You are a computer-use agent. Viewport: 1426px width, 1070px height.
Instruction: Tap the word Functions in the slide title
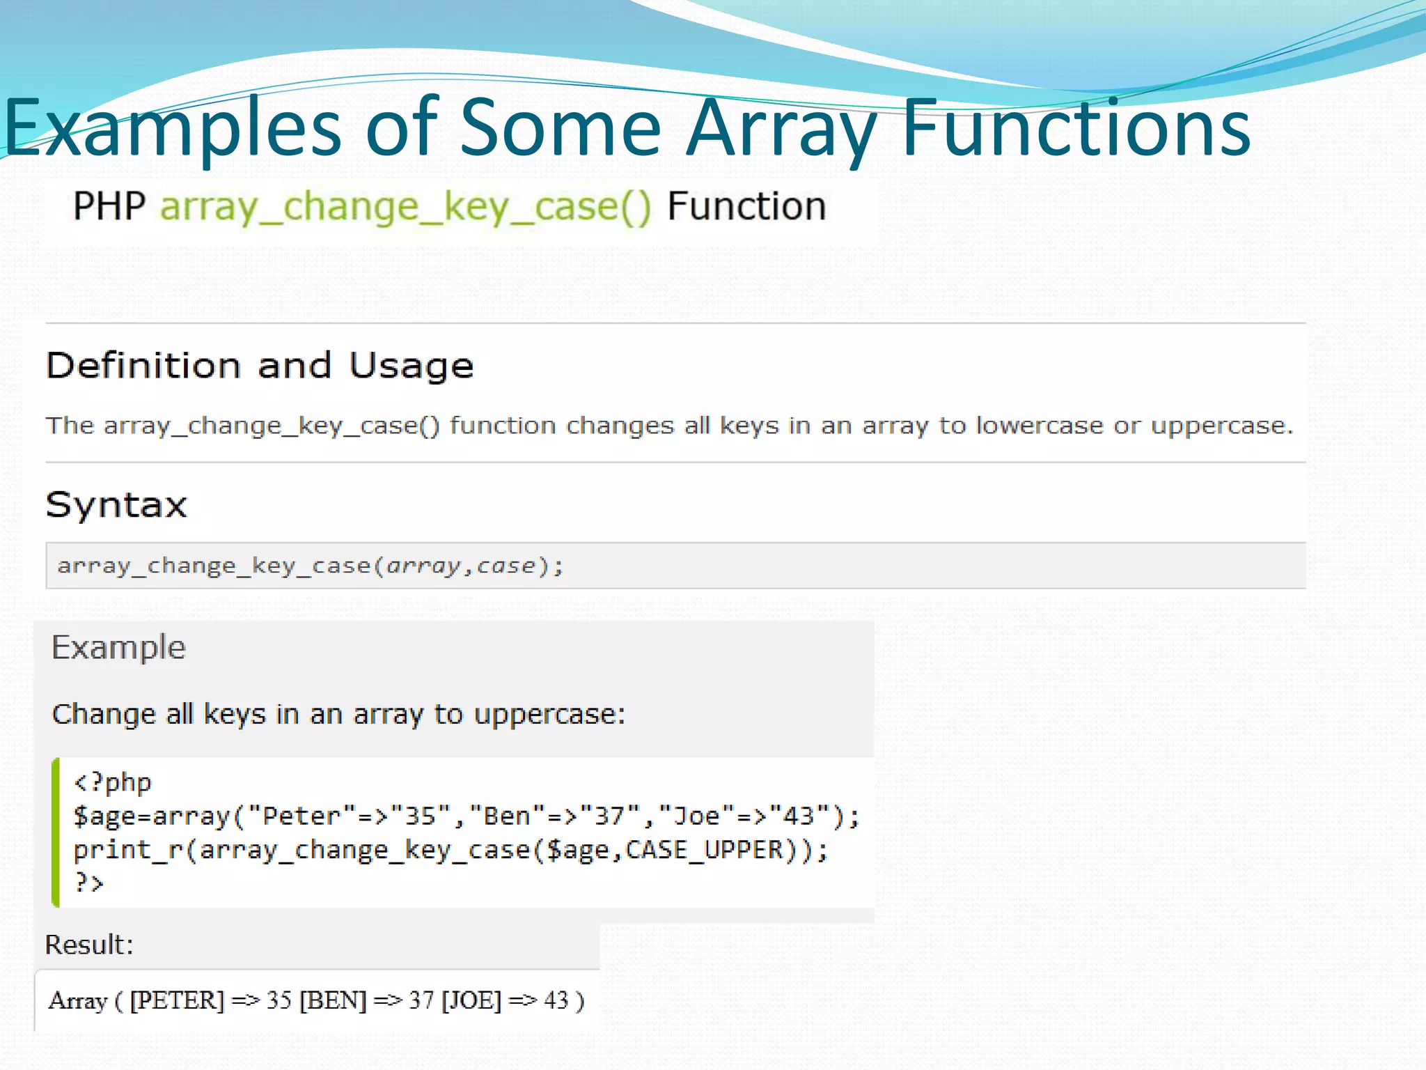coord(1076,129)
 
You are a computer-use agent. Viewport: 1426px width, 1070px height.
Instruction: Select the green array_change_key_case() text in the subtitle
coord(406,207)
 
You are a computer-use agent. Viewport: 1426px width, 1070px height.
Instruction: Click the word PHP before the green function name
coord(109,207)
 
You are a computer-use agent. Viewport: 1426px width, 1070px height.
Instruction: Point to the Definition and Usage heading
coord(260,366)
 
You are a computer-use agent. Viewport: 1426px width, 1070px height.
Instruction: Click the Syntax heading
coord(116,505)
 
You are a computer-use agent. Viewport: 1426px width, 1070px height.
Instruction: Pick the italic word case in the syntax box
coord(506,566)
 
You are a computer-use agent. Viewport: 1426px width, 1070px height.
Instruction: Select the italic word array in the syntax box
coord(423,566)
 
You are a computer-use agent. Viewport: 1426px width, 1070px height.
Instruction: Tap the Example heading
coord(118,648)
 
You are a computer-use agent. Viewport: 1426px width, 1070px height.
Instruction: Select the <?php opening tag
coord(112,783)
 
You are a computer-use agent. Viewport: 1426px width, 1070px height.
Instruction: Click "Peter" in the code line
coord(301,816)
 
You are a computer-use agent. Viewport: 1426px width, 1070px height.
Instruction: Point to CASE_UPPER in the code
coord(704,850)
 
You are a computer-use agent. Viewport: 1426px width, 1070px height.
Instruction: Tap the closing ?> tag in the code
coord(88,883)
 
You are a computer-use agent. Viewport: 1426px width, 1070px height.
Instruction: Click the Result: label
coord(88,945)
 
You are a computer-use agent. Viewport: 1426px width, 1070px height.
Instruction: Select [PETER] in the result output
coord(177,1001)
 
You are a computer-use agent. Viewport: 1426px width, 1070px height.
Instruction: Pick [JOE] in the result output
coord(471,1001)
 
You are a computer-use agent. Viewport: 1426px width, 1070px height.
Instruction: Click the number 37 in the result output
coord(421,1001)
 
